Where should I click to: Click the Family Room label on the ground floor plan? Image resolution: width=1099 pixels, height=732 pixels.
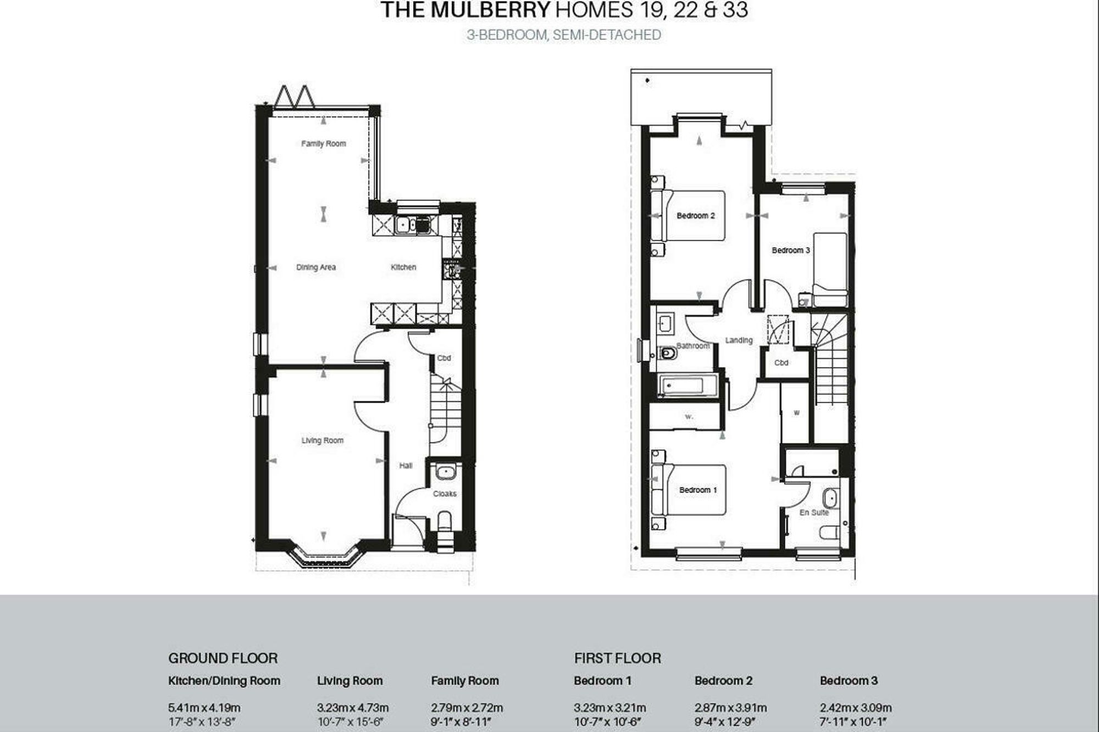pos(323,144)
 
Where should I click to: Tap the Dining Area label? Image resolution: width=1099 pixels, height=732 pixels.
pos(316,267)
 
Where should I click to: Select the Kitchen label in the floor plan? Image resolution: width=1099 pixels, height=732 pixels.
pos(403,267)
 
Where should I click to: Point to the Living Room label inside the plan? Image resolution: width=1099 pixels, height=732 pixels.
pos(322,440)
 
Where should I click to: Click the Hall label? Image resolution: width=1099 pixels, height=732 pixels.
pos(406,466)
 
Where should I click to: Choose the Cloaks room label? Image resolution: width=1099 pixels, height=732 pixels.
pos(445,494)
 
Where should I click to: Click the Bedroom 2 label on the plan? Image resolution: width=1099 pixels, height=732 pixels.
pos(696,216)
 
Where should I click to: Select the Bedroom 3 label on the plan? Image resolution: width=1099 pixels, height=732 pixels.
pos(791,250)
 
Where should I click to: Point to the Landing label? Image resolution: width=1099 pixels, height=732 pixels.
pos(739,340)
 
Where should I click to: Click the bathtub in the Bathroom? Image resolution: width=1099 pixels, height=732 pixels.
pos(681,385)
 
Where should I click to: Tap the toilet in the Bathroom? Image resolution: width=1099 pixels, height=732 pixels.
pos(667,353)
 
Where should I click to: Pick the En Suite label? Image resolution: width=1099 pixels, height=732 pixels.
pos(814,512)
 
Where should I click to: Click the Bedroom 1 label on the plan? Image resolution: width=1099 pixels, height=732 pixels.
pos(698,490)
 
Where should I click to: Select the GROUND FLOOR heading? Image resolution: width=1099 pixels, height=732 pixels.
pos(223,658)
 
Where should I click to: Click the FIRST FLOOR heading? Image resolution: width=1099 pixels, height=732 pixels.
pos(618,658)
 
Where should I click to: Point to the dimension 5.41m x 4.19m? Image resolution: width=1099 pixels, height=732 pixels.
pos(204,708)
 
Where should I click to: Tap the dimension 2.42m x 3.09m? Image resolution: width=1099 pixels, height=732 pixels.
pos(856,708)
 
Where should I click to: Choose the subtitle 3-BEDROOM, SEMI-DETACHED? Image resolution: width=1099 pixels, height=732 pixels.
pos(564,35)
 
